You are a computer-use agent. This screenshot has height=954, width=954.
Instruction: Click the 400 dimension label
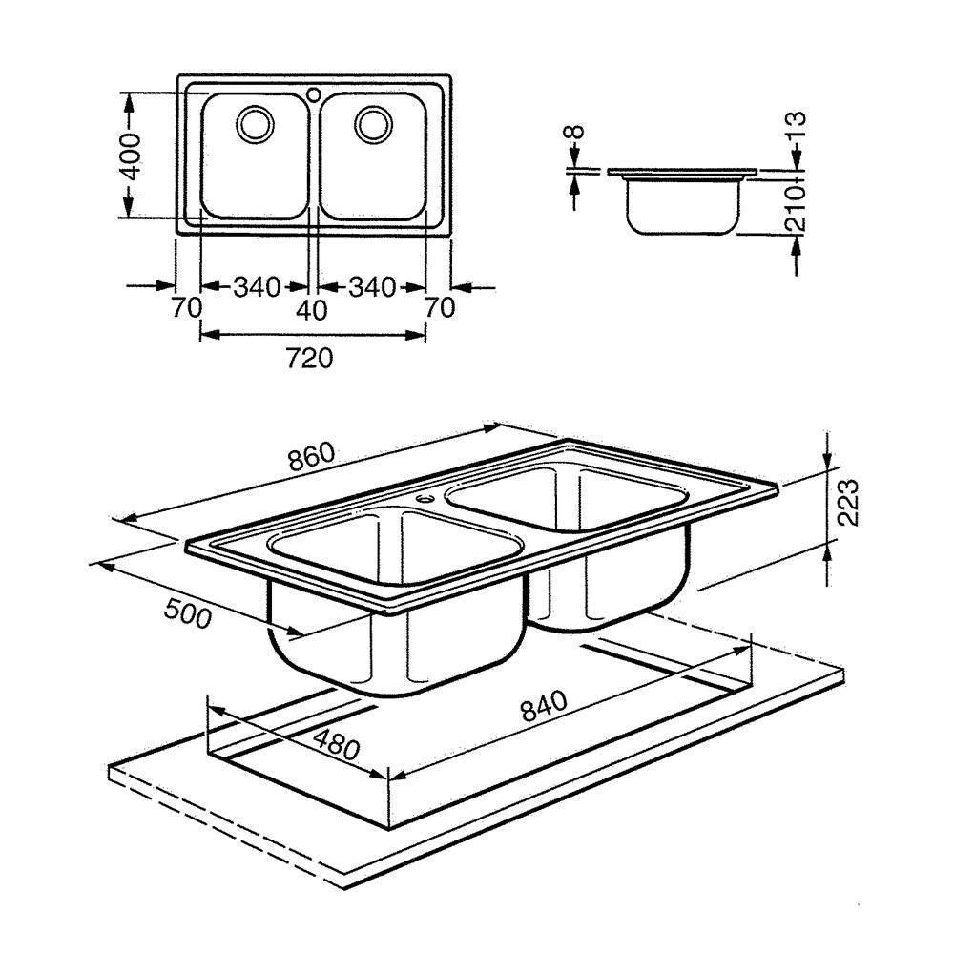click(132, 156)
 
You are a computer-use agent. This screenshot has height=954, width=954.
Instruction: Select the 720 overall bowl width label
click(310, 359)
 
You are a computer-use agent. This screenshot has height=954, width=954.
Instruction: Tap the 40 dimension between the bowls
click(312, 310)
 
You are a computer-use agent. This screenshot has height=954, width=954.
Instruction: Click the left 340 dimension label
click(258, 286)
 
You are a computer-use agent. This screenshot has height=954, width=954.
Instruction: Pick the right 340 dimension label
click(372, 286)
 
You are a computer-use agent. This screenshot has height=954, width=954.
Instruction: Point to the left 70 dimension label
click(186, 308)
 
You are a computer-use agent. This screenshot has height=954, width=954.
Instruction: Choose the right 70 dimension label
click(439, 308)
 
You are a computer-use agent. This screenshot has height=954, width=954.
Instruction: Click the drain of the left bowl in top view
click(255, 124)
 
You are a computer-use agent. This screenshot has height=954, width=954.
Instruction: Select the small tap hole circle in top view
click(314, 94)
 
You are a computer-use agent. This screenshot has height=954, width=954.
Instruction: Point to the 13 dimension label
click(796, 127)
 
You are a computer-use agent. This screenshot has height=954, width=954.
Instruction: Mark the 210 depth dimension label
click(796, 208)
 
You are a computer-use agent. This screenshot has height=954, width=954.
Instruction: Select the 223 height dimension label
click(847, 502)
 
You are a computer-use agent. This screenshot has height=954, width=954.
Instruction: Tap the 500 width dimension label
click(188, 613)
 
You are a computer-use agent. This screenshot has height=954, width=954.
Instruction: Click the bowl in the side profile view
click(684, 207)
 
